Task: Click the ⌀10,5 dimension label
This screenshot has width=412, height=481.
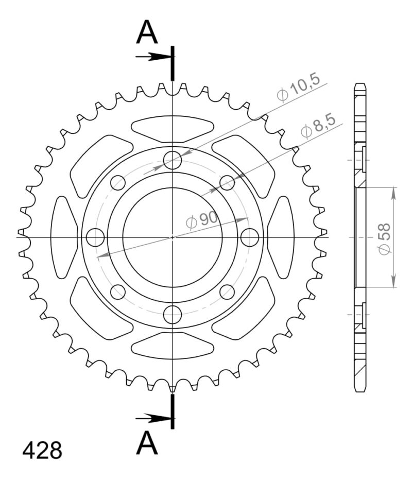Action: (299, 88)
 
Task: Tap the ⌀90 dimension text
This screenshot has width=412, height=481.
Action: (201, 220)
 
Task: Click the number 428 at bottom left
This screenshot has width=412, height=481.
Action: (42, 450)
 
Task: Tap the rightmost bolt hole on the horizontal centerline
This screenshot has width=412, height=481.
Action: (249, 237)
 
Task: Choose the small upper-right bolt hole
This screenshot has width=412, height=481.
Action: (227, 182)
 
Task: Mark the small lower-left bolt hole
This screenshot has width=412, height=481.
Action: (118, 292)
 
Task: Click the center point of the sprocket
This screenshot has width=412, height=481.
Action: (173, 237)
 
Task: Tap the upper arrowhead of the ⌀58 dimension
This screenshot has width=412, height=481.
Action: (394, 192)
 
